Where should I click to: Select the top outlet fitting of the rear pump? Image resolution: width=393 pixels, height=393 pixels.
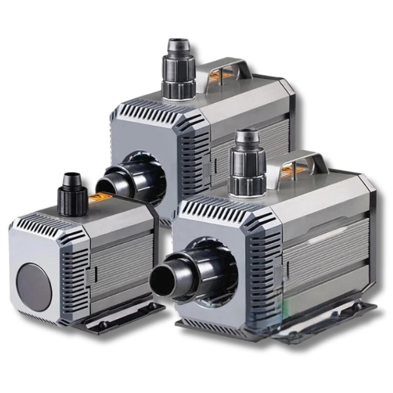[179, 68]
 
